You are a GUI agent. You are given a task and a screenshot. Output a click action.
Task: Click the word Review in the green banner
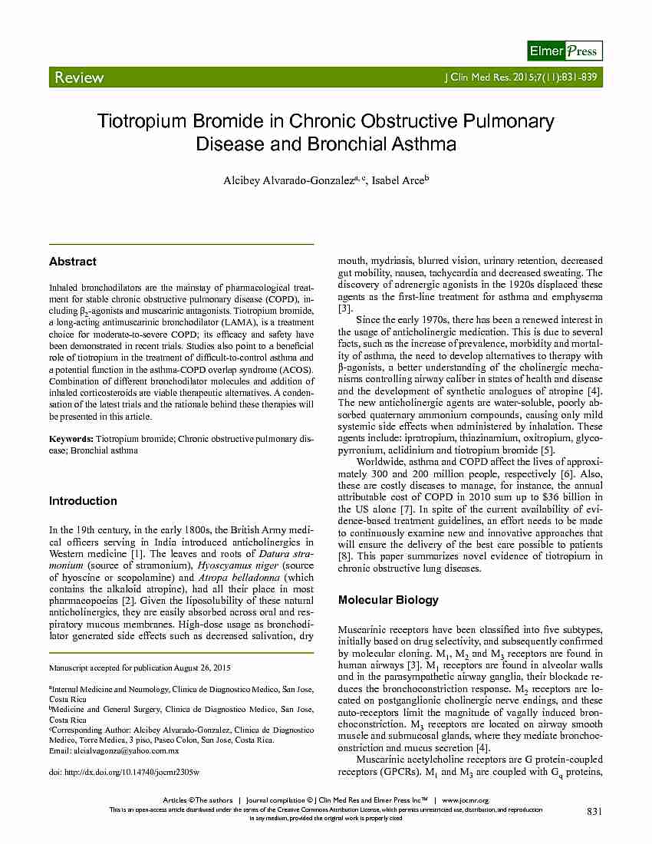[x=78, y=77]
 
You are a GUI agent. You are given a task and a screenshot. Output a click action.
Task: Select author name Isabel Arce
[x=400, y=180]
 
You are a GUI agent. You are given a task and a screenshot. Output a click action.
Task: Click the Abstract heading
[x=73, y=262]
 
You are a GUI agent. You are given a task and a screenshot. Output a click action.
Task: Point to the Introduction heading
[x=83, y=501]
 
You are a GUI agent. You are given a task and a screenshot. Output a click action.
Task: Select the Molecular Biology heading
[x=388, y=600]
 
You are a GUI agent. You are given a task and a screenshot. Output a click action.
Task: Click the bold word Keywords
[x=71, y=439]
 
